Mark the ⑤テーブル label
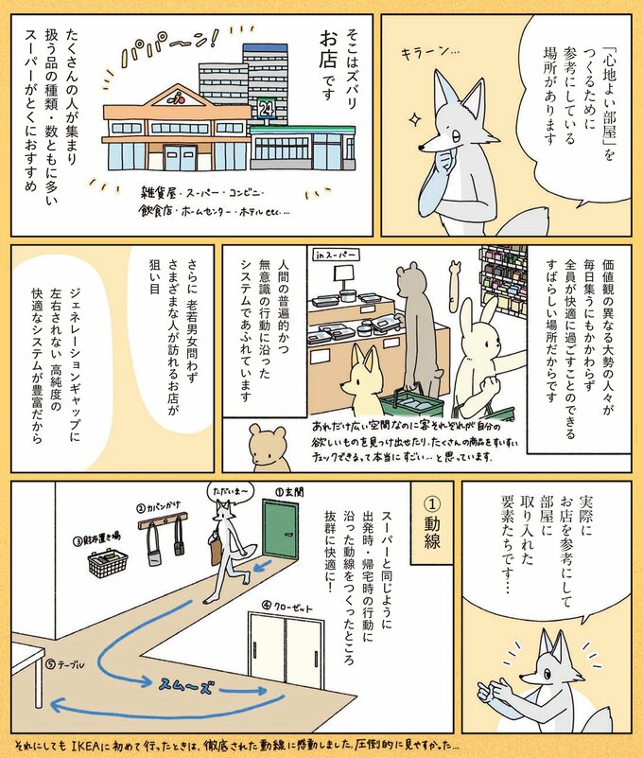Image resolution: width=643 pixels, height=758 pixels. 71,665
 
